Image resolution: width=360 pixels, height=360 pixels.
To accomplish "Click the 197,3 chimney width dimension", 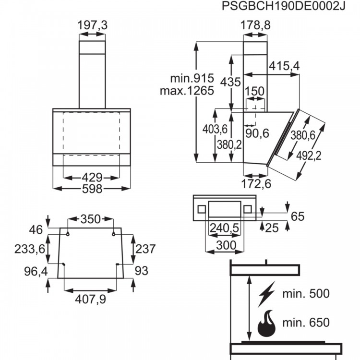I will [x=92, y=27].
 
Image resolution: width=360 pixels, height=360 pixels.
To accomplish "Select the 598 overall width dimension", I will [x=92, y=189].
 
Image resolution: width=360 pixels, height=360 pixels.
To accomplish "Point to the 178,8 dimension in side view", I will [x=255, y=26].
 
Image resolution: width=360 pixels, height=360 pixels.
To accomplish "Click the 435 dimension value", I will [x=230, y=82].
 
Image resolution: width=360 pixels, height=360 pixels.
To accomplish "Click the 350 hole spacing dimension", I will [x=90, y=219].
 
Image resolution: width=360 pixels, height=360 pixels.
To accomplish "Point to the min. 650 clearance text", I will [x=306, y=322].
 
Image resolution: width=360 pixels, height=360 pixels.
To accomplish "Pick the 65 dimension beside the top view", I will [x=298, y=216].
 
